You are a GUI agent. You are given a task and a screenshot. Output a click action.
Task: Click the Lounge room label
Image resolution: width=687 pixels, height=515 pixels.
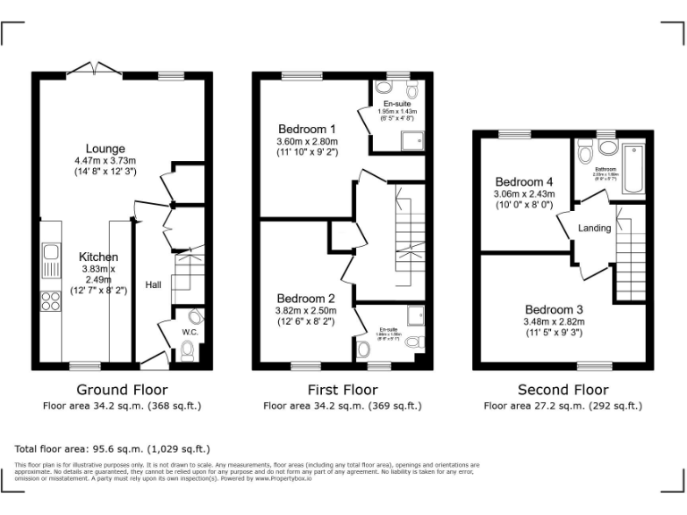tap(106, 148)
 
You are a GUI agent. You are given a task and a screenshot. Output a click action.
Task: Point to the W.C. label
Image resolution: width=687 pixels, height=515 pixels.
tap(190, 332)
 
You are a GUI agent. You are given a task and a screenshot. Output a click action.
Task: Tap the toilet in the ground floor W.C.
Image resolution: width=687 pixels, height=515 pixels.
tap(187, 355)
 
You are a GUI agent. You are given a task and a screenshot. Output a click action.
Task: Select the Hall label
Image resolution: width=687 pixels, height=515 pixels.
tap(154, 285)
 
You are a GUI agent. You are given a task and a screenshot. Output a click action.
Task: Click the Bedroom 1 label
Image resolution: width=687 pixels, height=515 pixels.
tap(307, 127)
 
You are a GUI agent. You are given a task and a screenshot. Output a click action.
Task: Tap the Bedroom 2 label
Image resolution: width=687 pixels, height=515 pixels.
tap(306, 299)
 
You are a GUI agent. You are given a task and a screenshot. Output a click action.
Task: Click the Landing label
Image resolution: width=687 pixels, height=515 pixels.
tap(594, 228)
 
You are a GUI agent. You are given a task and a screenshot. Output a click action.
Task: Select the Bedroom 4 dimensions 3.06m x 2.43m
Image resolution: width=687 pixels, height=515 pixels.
tap(524, 193)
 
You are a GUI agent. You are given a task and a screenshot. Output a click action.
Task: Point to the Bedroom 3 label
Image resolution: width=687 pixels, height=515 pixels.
tap(554, 308)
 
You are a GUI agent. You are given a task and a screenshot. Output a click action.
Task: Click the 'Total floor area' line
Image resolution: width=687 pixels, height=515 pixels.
tap(113, 449)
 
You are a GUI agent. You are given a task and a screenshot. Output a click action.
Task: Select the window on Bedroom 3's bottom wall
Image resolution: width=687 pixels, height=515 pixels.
tap(594, 366)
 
